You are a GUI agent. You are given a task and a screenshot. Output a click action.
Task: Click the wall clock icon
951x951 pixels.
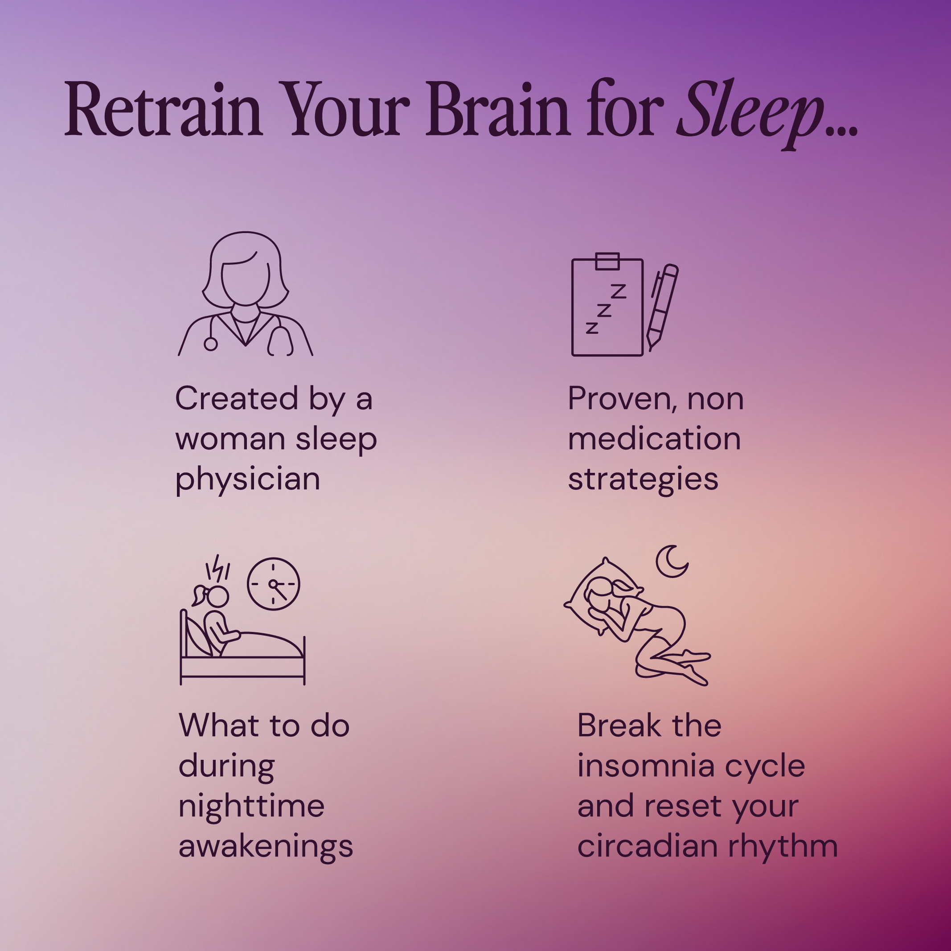click(273, 584)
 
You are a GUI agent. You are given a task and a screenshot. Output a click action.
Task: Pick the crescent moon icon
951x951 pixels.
click(672, 561)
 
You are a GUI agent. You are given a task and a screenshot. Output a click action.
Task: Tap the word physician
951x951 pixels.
click(248, 479)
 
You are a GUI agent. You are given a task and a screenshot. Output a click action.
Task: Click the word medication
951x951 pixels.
click(654, 439)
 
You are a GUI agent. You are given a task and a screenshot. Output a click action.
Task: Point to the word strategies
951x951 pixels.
click(643, 479)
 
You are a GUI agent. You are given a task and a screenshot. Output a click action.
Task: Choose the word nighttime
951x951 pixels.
click(251, 806)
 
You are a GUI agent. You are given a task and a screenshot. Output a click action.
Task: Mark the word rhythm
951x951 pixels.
click(783, 847)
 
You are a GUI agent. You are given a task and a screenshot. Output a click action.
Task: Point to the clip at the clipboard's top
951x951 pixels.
click(607, 261)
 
